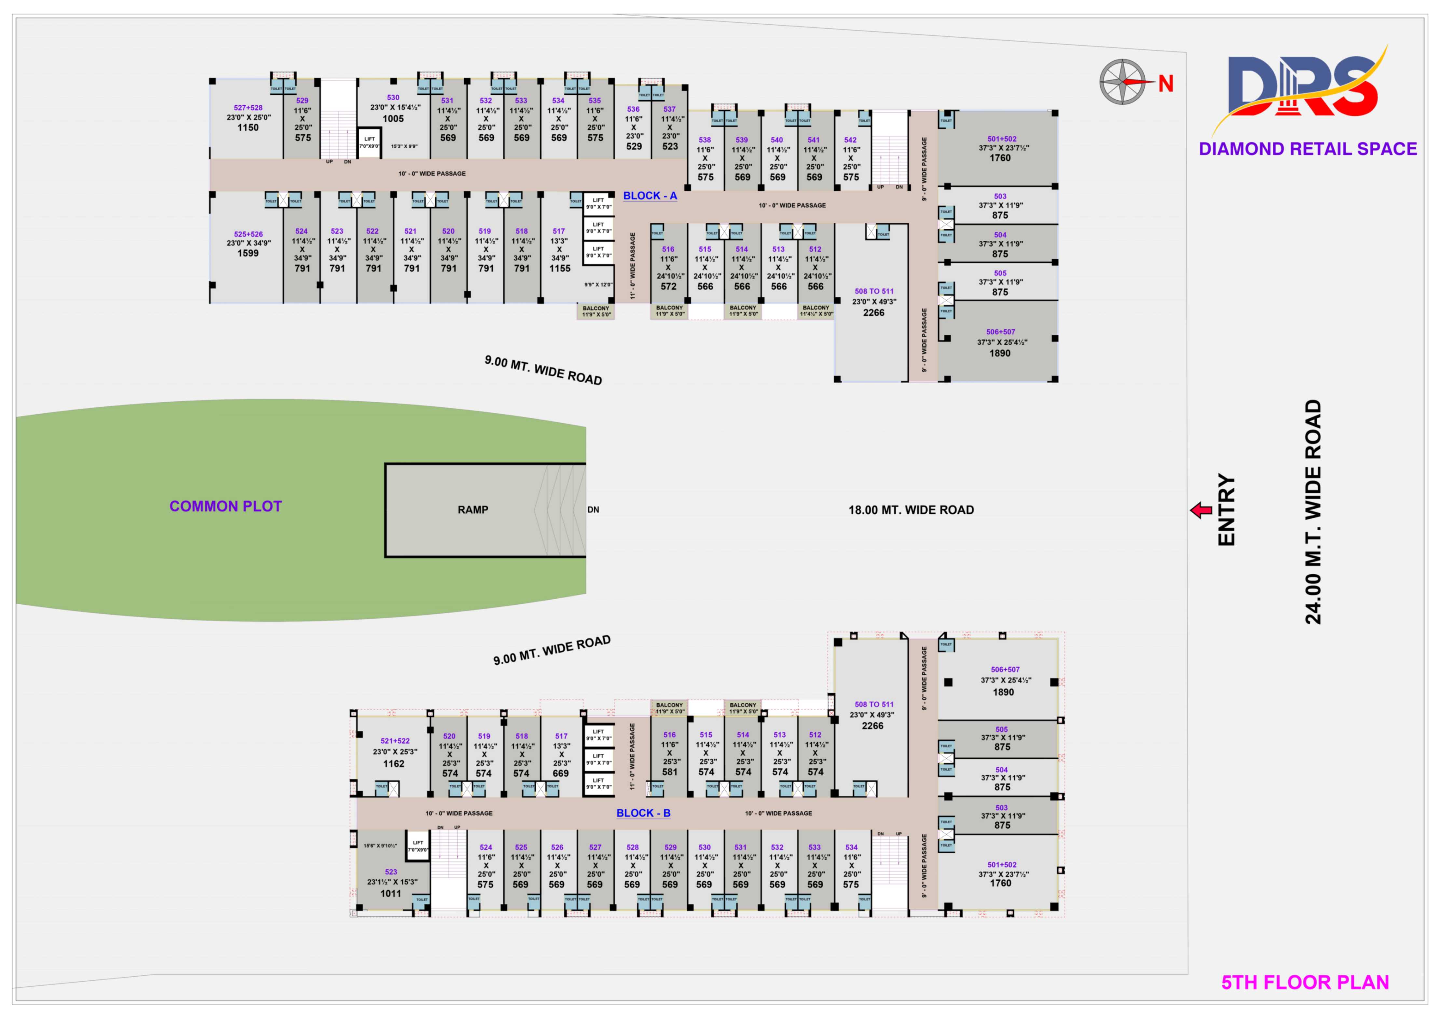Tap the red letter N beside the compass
pyautogui.click(x=1166, y=83)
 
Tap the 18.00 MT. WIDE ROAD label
pyautogui.click(x=911, y=510)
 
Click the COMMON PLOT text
pyautogui.click(x=226, y=506)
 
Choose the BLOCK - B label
pyautogui.click(x=643, y=813)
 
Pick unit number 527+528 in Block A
pyautogui.click(x=248, y=108)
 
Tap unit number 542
pyautogui.click(x=851, y=140)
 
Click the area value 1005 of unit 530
pyautogui.click(x=393, y=118)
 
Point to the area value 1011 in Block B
pyautogui.click(x=391, y=894)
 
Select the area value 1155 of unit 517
pyautogui.click(x=560, y=268)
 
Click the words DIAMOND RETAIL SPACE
pyautogui.click(x=1308, y=149)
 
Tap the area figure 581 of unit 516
pyautogui.click(x=669, y=772)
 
